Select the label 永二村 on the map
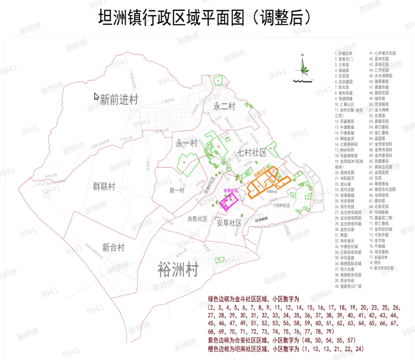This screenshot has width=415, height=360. [224, 106]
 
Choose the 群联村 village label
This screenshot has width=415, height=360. [104, 186]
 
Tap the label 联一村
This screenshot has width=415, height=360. [177, 190]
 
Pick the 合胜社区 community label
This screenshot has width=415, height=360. [198, 218]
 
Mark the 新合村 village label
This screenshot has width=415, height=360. [113, 247]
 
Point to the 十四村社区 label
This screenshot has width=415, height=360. [283, 205]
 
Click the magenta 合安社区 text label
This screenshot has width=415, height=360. [230, 190]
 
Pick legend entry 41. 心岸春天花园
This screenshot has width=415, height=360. [382, 53]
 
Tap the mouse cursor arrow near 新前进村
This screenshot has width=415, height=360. [96, 96]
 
